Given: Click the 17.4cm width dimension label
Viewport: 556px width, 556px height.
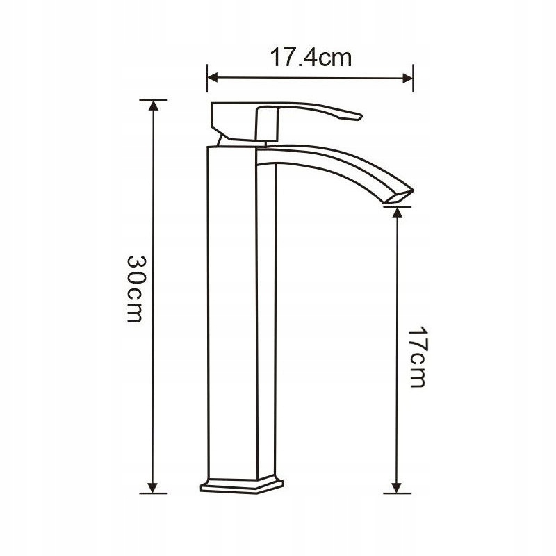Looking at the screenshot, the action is tap(311, 58).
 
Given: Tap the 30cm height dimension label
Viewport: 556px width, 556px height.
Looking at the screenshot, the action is tap(135, 288).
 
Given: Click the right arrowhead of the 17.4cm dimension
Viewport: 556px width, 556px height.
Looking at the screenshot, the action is tap(408, 79).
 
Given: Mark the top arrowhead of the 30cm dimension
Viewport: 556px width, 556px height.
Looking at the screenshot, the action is tap(153, 106).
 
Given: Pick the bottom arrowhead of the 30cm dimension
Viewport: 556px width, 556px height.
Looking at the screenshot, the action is tap(153, 488).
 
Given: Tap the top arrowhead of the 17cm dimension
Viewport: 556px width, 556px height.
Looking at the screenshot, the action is tap(398, 212).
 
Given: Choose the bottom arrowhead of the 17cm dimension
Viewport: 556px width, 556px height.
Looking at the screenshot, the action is tap(398, 488).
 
